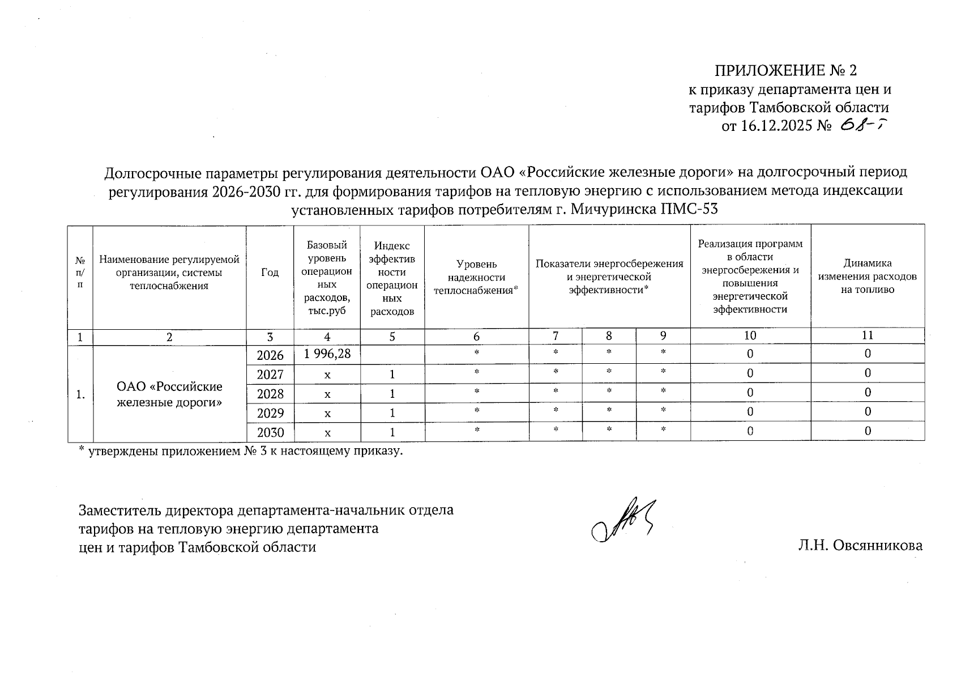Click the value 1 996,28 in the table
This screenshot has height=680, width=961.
(x=327, y=354)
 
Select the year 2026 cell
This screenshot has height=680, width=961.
(x=270, y=355)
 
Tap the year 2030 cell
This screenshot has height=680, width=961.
(x=270, y=433)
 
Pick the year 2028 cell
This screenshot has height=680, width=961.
(x=270, y=394)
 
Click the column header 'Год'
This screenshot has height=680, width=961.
(x=270, y=273)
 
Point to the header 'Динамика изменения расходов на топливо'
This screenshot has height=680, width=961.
(x=867, y=277)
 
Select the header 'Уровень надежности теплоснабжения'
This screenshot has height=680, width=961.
(x=476, y=278)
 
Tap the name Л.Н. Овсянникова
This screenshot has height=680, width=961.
(x=860, y=546)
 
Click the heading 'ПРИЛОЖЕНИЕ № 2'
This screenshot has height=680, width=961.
(x=785, y=71)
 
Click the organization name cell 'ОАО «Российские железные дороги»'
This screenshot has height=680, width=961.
(x=169, y=394)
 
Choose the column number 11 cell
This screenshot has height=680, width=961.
(x=867, y=335)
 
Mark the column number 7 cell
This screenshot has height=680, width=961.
(x=556, y=336)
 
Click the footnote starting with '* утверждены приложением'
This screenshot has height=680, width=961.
(x=240, y=452)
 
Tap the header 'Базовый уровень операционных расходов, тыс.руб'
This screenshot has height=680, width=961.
(x=327, y=278)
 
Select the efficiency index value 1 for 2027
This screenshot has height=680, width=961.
(x=392, y=375)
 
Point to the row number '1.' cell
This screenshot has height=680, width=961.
(x=80, y=394)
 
